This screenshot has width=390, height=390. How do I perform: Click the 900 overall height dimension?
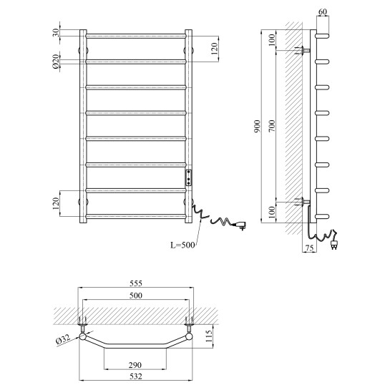click(x=258, y=126)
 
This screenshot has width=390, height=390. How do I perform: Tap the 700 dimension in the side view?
click(x=273, y=126)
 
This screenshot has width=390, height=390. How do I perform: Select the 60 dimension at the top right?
click(x=323, y=11)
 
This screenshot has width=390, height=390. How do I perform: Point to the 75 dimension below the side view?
click(x=309, y=248)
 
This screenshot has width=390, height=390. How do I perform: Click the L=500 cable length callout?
click(x=182, y=245)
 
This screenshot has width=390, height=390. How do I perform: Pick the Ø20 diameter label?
click(x=56, y=62)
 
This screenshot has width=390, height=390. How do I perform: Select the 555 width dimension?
click(x=136, y=283)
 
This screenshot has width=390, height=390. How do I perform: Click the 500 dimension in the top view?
click(x=136, y=296)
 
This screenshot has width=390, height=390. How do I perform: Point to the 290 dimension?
click(x=135, y=365)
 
